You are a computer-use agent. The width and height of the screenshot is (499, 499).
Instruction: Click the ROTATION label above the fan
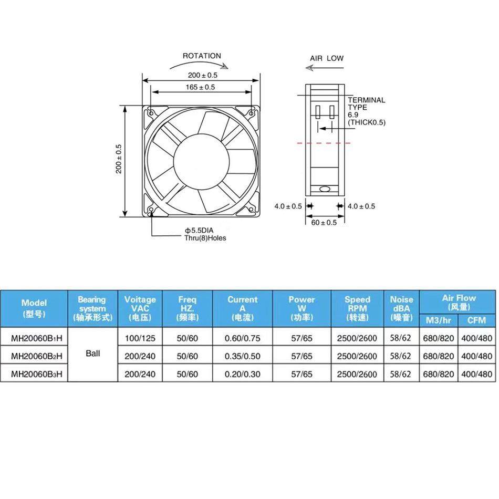pyautogui.click(x=202, y=56)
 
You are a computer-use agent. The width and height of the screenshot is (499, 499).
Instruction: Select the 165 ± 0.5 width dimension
pyautogui.click(x=200, y=87)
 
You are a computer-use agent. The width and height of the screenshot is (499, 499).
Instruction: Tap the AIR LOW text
pyautogui.click(x=327, y=58)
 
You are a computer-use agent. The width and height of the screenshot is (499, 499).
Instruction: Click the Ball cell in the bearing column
pyautogui.click(x=92, y=354)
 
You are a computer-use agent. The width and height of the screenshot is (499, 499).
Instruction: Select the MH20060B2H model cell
pyautogui.click(x=37, y=356)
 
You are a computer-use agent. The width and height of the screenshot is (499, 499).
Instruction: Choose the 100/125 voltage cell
pyautogui.click(x=140, y=338)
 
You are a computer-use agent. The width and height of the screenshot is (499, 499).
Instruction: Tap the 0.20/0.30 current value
pyautogui.click(x=242, y=375)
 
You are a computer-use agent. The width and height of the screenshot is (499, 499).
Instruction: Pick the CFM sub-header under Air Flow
pyautogui.click(x=476, y=320)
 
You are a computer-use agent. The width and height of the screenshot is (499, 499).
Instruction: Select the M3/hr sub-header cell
pyautogui.click(x=439, y=320)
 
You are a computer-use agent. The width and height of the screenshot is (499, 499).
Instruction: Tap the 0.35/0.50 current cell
pyautogui.click(x=242, y=356)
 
